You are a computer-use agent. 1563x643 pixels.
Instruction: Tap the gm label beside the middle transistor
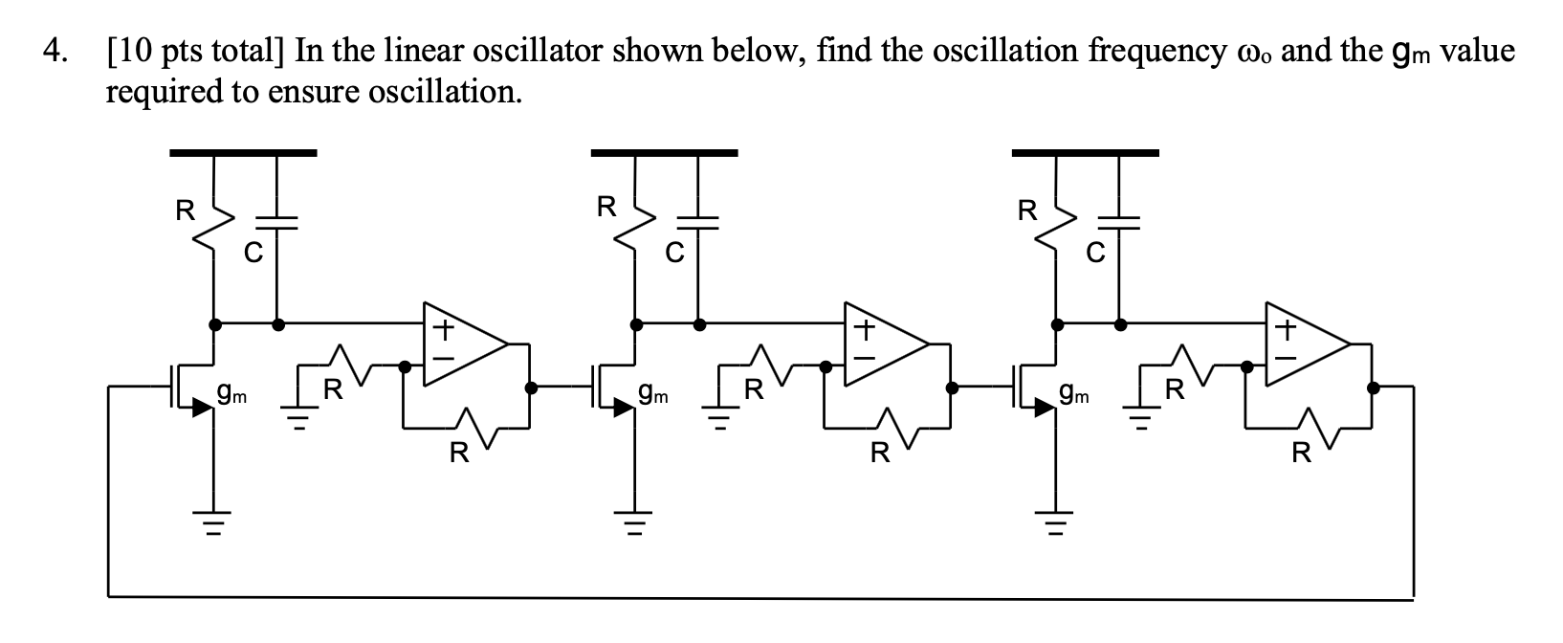point(653,391)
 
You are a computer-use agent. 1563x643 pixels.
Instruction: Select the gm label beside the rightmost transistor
point(1074,391)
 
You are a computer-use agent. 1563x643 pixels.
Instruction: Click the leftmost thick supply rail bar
point(243,151)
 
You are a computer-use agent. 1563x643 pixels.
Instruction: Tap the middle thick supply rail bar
point(664,151)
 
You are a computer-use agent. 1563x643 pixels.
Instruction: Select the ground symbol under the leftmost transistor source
point(212,523)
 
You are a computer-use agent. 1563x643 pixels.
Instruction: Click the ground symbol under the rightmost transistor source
point(1056,523)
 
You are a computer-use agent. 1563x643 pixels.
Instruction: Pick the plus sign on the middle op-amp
point(863,331)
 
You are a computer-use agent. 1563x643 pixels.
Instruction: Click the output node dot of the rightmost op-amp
point(1374,388)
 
